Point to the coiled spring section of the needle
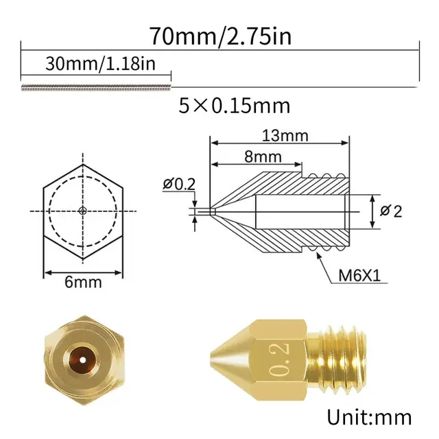point(96,87)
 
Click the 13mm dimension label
point(284,136)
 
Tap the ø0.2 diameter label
point(180,184)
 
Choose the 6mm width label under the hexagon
point(83,282)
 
